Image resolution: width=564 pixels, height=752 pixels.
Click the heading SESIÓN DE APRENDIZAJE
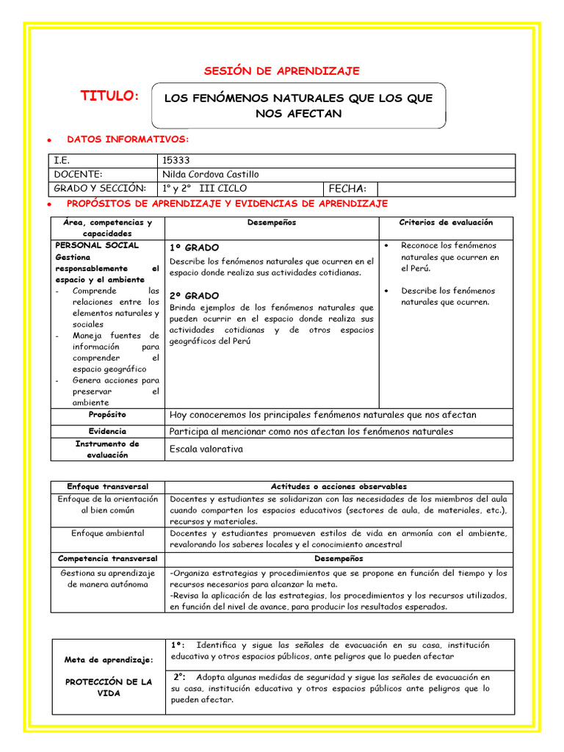(281, 70)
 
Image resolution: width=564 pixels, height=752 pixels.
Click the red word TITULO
(109, 96)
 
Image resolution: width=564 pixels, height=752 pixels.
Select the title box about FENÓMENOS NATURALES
(297, 105)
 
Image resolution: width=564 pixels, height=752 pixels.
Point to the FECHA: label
(347, 189)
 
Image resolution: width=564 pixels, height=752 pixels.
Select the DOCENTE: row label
(79, 174)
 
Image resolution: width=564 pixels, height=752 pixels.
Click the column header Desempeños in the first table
(272, 223)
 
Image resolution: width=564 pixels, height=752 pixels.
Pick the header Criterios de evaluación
(446, 223)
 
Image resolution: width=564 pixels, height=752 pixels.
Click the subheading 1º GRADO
(194, 248)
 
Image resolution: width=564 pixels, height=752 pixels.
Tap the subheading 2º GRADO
(194, 295)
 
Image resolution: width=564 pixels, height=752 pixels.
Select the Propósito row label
(107, 415)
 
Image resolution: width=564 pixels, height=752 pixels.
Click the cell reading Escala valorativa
(206, 449)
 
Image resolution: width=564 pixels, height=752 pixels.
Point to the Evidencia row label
(107, 432)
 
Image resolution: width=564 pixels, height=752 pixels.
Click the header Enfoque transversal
(107, 487)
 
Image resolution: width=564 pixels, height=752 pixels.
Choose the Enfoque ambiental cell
(107, 533)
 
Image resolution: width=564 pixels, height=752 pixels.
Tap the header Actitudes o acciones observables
(339, 487)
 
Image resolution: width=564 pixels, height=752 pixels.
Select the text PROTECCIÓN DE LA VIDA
(108, 687)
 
